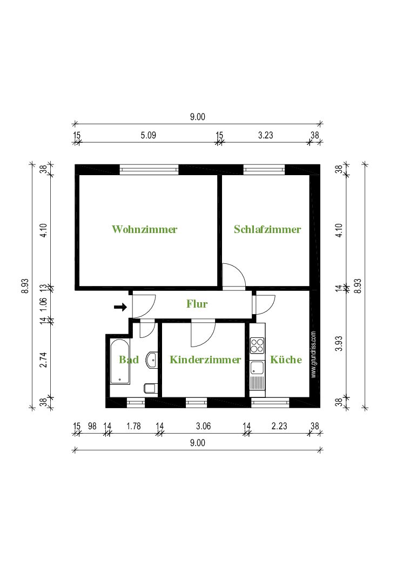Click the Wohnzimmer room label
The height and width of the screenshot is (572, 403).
click(144, 229)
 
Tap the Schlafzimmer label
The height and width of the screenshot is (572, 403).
click(267, 229)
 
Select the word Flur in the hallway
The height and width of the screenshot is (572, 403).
click(197, 303)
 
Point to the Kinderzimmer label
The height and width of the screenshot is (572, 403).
click(205, 360)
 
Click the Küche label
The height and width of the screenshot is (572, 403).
click(286, 360)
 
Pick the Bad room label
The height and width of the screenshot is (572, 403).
click(129, 360)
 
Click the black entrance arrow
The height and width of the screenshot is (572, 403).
click(120, 307)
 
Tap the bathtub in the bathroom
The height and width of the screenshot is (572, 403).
click(120, 362)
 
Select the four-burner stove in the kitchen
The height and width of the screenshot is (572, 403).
click(257, 345)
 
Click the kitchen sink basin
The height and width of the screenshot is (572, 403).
click(257, 368)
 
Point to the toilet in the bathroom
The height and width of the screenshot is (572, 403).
click(151, 388)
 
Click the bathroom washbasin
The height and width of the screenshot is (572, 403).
click(152, 360)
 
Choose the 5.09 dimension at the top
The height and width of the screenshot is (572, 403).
click(149, 135)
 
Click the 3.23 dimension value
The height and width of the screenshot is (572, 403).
click(266, 135)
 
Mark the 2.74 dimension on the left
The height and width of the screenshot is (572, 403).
click(43, 360)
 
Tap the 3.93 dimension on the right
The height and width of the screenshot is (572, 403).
click(339, 343)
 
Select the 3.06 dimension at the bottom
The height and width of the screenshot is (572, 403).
click(203, 426)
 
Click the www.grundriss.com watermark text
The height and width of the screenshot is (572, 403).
click(314, 355)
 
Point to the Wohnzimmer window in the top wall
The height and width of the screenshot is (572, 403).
click(149, 170)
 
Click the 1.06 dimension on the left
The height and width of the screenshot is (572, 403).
click(43, 304)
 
